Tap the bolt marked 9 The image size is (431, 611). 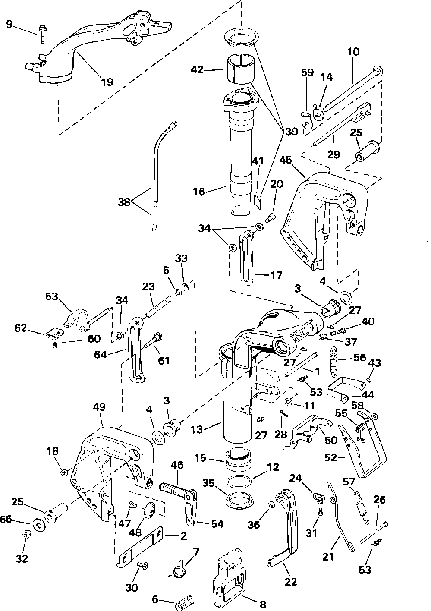[43, 33]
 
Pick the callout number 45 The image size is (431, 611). [285, 160]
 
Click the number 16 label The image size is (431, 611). [199, 191]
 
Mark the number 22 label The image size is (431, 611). [291, 582]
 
